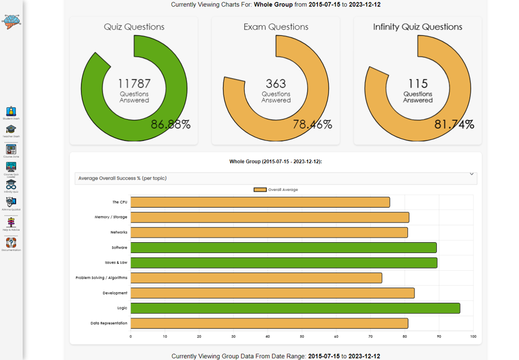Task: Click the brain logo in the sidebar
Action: [11, 21]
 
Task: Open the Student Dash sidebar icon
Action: [11, 112]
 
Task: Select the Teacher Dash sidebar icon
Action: [11, 130]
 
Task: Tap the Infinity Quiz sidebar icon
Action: [11, 185]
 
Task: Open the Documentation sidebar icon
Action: [11, 243]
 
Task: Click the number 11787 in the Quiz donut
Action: [134, 84]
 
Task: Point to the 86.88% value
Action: [171, 124]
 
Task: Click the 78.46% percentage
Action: [312, 124]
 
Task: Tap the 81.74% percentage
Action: [454, 124]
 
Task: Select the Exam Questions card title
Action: [276, 27]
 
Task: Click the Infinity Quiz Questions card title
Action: [417, 27]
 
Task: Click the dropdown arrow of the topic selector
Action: [472, 174]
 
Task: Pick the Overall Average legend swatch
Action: [260, 190]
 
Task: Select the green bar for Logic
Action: [295, 308]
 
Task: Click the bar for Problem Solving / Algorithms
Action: [256, 278]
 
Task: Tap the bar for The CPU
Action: [260, 202]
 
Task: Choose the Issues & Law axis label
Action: [116, 263]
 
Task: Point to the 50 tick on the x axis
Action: [302, 336]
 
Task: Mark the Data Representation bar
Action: [269, 323]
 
